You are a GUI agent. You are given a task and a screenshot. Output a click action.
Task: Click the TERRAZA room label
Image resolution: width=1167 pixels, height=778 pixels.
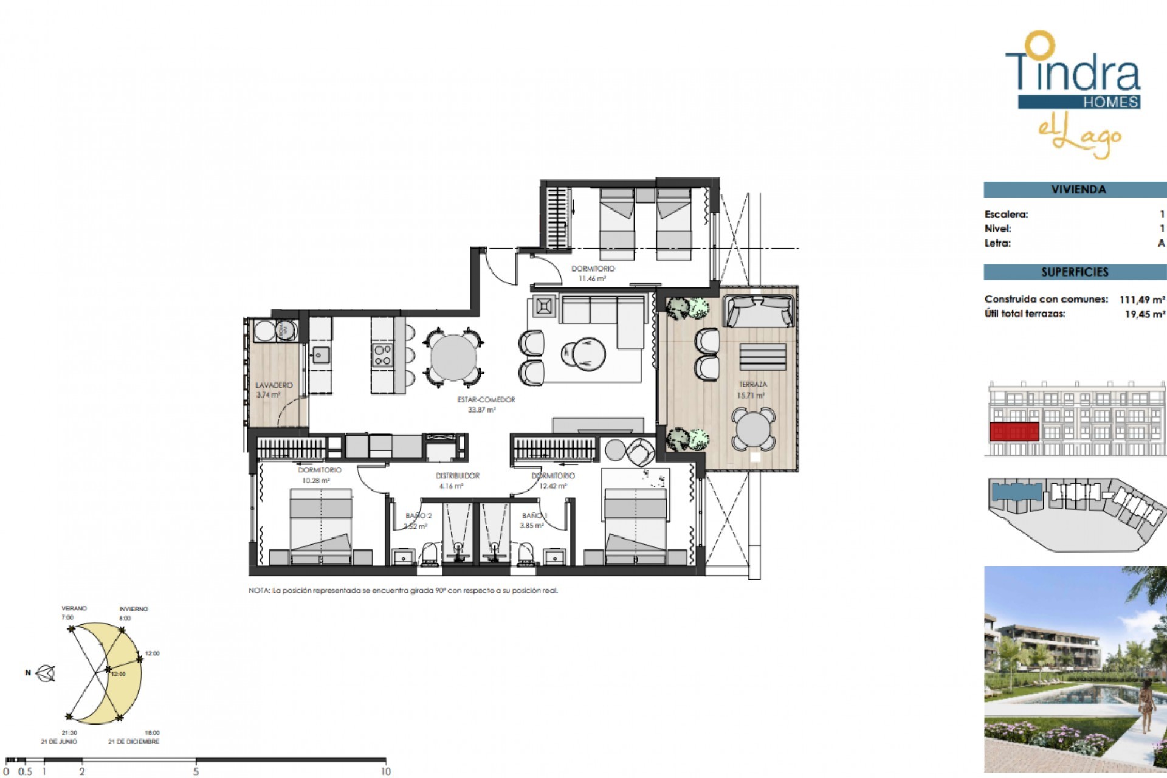click(752, 384)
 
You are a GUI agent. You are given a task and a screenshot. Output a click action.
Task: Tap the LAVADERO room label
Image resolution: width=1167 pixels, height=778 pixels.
click(274, 385)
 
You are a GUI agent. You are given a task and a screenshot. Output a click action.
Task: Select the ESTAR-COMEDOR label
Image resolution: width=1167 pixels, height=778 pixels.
click(486, 399)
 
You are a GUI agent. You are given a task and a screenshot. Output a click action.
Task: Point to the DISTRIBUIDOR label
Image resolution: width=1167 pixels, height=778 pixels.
click(458, 476)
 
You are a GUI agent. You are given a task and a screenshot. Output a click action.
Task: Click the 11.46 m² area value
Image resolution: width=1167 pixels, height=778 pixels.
click(592, 279)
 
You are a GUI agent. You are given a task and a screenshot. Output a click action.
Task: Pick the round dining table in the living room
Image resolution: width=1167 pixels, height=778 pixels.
click(453, 358)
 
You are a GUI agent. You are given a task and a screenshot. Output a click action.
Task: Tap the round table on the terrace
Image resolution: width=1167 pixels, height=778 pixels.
click(752, 429)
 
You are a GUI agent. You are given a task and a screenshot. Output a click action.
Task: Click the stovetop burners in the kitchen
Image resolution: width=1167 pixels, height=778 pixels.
click(382, 355)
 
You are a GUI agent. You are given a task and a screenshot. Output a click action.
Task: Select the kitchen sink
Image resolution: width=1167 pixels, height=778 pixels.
click(320, 355)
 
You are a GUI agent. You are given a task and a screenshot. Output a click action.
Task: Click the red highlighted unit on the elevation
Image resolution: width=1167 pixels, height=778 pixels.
click(1013, 432)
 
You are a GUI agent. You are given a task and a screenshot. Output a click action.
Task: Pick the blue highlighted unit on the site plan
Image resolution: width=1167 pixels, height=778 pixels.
click(1016, 491)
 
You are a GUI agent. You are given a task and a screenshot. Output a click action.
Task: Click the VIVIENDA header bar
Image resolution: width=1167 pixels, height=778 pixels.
click(1075, 190)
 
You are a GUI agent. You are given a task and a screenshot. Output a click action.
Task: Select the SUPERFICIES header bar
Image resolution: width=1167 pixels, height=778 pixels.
click(1075, 272)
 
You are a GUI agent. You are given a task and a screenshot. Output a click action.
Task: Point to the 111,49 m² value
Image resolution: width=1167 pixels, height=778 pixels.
click(1141, 300)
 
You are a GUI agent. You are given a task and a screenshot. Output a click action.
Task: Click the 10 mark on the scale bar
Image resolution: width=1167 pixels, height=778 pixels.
click(385, 771)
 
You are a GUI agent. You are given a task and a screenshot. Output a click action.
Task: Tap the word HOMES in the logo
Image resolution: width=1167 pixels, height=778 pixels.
click(1110, 102)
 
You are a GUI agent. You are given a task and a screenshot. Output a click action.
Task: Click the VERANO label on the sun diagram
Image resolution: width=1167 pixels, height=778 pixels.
click(74, 608)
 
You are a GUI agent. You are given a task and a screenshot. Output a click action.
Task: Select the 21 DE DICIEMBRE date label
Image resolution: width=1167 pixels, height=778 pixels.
click(134, 742)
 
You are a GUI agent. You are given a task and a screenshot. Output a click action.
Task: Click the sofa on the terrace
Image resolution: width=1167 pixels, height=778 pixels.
click(759, 311)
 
